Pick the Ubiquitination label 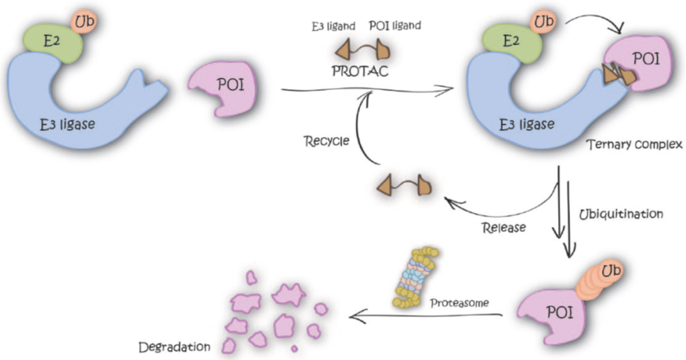click(621, 213)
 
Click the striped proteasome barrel click(414, 279)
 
